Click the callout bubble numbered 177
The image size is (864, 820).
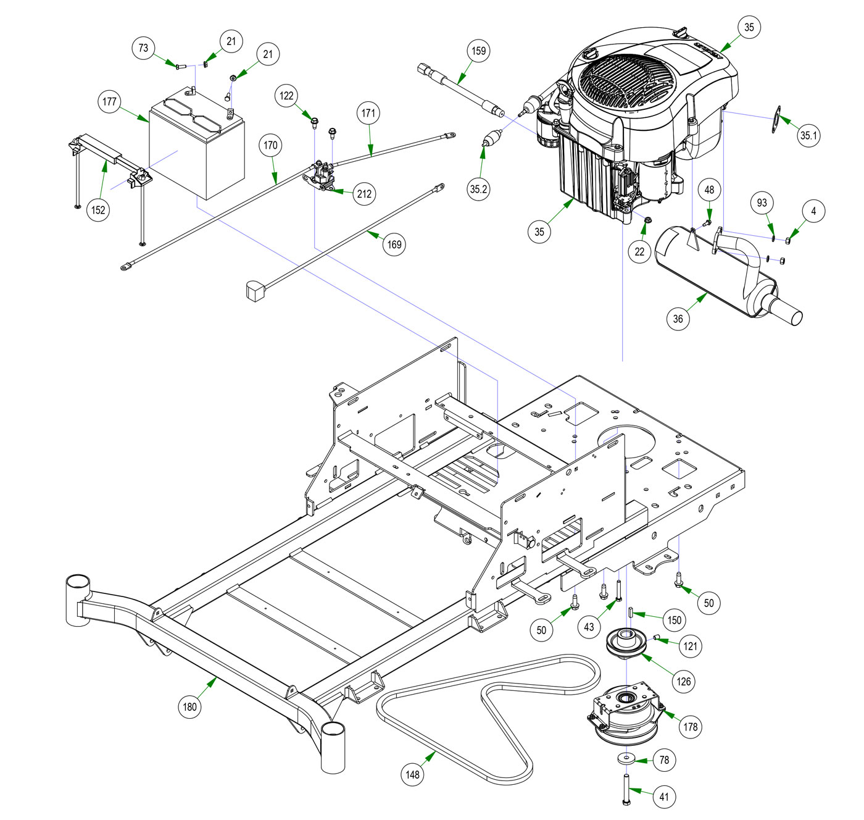pos(109,102)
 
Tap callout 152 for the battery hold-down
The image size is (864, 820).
pos(98,210)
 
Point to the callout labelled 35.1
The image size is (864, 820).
pos(808,135)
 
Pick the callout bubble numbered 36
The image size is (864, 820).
pos(678,319)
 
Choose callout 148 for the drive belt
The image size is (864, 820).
pos(412,774)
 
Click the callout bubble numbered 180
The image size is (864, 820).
pos(189,707)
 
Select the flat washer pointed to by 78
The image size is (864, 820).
pos(626,758)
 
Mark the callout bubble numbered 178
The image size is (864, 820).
pos(690,727)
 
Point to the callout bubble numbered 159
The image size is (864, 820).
pos(479,51)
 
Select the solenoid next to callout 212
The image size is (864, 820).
pos(321,175)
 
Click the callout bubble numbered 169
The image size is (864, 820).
pos(394,245)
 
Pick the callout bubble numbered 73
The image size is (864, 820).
pos(143,48)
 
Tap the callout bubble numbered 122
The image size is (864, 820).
pos(286,96)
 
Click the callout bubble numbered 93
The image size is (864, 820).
pos(762,203)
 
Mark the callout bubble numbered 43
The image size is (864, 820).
pos(589,627)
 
